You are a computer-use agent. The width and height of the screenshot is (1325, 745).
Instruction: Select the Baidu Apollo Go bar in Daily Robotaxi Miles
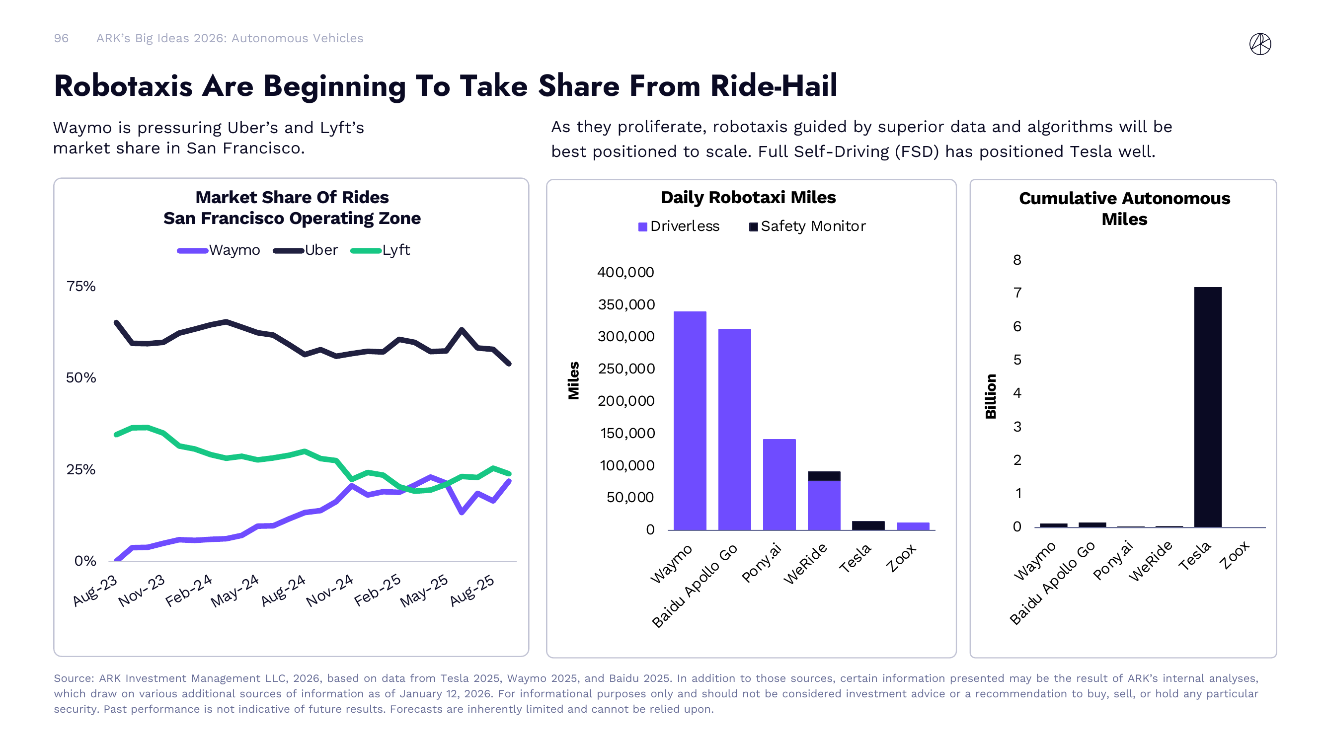[x=734, y=429]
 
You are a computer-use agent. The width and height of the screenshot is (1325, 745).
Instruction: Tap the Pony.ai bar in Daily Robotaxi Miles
[x=779, y=484]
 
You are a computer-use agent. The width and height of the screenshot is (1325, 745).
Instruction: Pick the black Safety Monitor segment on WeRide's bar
[x=824, y=476]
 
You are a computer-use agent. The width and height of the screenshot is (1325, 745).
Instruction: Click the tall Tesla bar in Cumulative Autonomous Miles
[x=1207, y=407]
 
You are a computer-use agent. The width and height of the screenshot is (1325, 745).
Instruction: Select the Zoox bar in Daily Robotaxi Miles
[x=913, y=526]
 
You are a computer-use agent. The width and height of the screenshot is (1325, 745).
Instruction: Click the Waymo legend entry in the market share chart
[x=219, y=250]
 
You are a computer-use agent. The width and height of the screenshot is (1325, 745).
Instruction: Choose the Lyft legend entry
[x=381, y=250]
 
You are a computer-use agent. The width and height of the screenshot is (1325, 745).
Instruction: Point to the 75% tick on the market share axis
[x=81, y=287]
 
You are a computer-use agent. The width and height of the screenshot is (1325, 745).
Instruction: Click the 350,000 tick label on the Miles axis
[x=626, y=304]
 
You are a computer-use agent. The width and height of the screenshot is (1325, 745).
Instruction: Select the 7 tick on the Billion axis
[x=1017, y=293]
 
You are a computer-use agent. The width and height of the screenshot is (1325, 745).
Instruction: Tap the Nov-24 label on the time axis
[x=330, y=590]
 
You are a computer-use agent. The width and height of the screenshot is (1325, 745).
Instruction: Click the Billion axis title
[x=991, y=396]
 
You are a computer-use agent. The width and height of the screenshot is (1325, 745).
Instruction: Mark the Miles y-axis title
[x=573, y=380]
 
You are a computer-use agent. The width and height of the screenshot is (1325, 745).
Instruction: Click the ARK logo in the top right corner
[x=1260, y=44]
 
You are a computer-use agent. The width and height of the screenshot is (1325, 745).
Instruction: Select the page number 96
[x=61, y=39]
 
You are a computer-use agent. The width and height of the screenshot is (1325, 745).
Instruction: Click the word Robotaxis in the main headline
[x=123, y=86]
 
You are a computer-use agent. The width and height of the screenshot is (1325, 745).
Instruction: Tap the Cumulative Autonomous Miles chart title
[x=1124, y=208]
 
